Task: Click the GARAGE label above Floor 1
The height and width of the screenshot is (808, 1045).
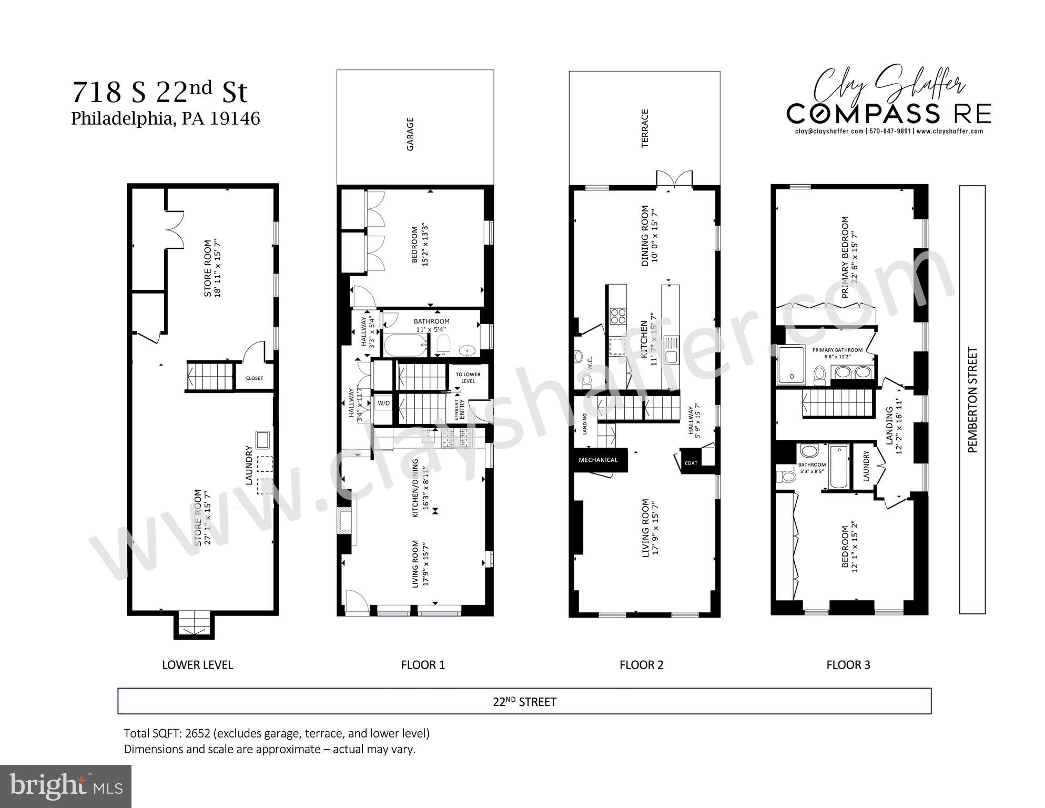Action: click(x=410, y=134)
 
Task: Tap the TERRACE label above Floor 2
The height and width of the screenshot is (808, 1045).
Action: click(x=645, y=128)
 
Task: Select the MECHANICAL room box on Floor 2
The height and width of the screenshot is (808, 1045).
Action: click(x=598, y=460)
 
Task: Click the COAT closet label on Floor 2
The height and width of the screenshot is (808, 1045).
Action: click(x=691, y=463)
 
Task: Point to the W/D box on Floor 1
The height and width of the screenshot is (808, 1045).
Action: click(x=384, y=403)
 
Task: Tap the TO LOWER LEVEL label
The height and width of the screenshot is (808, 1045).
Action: click(x=468, y=378)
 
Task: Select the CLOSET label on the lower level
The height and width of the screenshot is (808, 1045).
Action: click(x=255, y=378)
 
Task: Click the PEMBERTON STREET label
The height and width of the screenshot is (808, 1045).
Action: click(x=972, y=400)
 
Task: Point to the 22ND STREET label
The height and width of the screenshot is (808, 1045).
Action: click(x=524, y=702)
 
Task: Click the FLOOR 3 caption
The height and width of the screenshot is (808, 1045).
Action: click(x=848, y=665)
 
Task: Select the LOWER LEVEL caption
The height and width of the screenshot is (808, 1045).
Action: click(x=197, y=665)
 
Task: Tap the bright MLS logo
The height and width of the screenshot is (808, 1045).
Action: click(x=66, y=786)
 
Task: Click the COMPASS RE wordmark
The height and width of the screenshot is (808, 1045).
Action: click(x=888, y=114)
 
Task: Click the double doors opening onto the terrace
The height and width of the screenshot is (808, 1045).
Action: click(x=674, y=179)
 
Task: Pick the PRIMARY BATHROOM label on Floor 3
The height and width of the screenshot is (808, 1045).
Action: click(x=837, y=350)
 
